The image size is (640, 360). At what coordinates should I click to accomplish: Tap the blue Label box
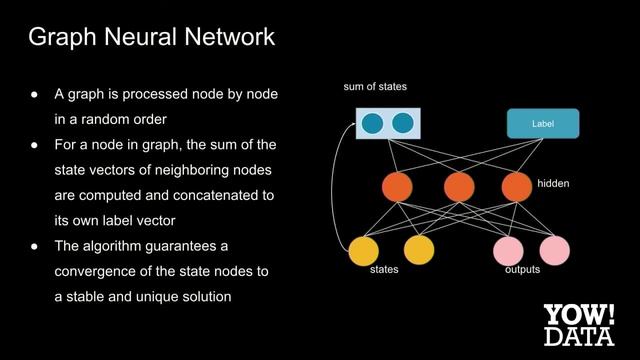coord(543,123)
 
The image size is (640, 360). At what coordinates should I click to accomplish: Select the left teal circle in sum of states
coord(372,123)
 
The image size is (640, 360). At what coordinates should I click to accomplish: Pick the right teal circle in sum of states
coord(402,123)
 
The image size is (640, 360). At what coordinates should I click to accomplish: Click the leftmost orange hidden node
coord(397,186)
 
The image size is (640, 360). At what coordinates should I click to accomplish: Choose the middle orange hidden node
coord(458,186)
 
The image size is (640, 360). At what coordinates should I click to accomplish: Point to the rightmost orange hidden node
coord(517,186)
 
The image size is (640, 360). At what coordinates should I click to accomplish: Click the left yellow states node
coord(362,249)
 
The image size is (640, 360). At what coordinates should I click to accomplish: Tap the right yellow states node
coord(419,249)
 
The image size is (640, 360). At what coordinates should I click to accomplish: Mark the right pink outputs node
coord(554,249)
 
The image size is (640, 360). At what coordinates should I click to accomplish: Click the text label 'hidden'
coord(553,184)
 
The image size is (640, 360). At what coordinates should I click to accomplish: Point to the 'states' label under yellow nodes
coord(384,270)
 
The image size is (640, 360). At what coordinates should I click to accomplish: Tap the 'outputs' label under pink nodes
coord(523,270)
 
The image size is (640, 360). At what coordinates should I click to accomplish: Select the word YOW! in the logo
coord(578,312)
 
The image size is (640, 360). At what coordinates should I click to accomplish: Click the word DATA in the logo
coord(578,335)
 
